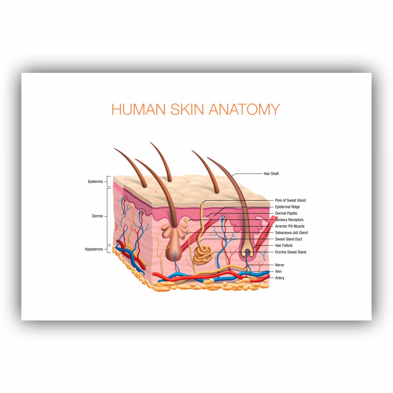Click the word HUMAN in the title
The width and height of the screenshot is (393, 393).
tap(139, 109)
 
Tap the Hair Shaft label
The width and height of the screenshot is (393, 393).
tap(271, 174)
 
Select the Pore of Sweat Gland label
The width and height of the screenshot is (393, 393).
tap(290, 200)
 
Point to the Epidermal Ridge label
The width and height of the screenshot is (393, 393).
tap(288, 207)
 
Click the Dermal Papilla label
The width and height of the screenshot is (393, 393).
tap(286, 213)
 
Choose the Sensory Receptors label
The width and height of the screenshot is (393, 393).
tap(289, 220)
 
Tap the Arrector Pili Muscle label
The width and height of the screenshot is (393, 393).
tap(290, 226)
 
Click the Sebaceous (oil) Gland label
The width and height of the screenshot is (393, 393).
tap(291, 233)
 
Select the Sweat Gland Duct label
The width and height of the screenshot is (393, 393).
tap(289, 239)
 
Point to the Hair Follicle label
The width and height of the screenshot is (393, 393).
tap(284, 245)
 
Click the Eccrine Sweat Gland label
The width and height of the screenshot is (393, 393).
tap(291, 252)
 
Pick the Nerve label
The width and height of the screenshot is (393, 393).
tap(280, 265)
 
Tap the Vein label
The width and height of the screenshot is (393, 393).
tap(278, 271)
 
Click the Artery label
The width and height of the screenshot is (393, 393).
tap(280, 278)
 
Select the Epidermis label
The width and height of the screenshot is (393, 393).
tap(95, 182)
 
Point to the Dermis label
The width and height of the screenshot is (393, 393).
tap(97, 216)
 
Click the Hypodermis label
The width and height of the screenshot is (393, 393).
tap(94, 249)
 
